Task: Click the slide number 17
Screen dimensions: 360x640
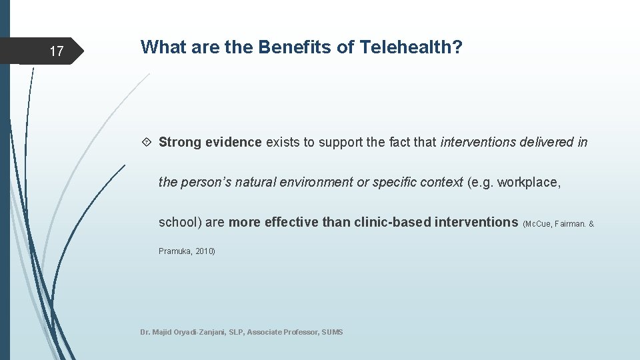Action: [57, 51]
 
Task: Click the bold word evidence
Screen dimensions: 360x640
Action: [233, 142]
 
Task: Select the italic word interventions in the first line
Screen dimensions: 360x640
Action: [479, 142]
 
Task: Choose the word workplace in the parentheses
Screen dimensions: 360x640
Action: [529, 182]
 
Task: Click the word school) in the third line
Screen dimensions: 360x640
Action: [180, 222]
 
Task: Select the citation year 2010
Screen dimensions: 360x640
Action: [204, 251]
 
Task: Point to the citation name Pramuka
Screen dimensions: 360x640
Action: [175, 251]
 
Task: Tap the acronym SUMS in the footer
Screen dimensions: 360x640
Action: [332, 332]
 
